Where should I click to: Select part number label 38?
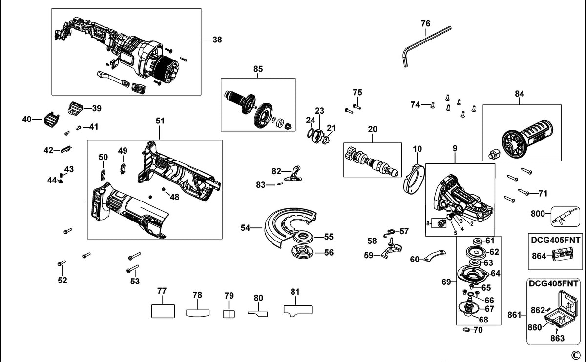217,40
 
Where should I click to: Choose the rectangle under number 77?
163,311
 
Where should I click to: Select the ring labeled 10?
414,181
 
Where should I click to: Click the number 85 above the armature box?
258,69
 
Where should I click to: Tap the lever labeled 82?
293,174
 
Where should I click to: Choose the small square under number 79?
229,314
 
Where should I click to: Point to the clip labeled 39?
75,108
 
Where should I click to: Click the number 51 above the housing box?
160,121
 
